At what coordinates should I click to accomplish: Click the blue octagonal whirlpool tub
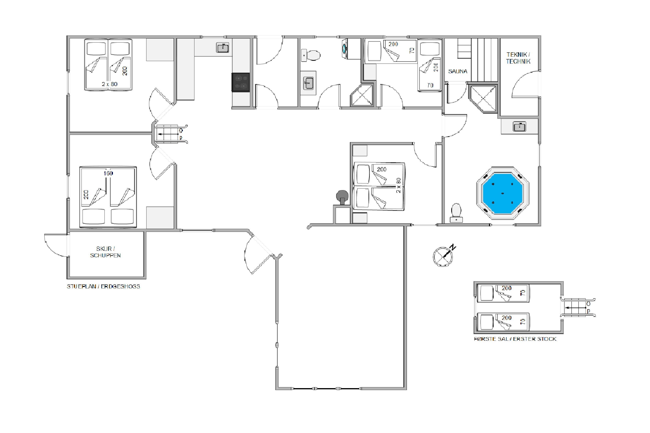[x=502, y=193]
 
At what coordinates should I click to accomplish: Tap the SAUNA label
[x=458, y=71]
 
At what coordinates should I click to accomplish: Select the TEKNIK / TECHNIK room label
[x=518, y=58]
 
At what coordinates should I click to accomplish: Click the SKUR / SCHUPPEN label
[x=105, y=252]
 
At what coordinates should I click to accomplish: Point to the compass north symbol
[x=443, y=255]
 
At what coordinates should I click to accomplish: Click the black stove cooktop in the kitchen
[x=240, y=82]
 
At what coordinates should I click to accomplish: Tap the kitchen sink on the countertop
[x=222, y=48]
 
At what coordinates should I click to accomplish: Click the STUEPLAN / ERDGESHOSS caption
[x=103, y=286]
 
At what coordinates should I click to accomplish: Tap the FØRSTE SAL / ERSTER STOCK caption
[x=515, y=339]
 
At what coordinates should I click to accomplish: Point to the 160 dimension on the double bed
[x=108, y=173]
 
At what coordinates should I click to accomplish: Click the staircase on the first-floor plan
[x=578, y=307]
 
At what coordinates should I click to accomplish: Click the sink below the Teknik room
[x=519, y=127]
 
